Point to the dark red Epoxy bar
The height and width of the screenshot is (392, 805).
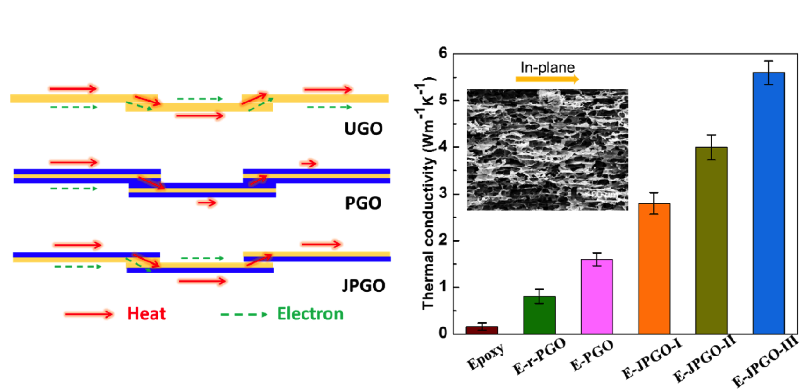[x=482, y=330]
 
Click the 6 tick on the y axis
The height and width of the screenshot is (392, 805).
[x=443, y=53]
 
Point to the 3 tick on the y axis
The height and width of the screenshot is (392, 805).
[x=443, y=194]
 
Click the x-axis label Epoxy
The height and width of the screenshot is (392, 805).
[x=486, y=356]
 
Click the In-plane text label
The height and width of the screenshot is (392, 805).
[x=547, y=67]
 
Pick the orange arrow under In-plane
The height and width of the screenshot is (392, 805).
[x=547, y=79]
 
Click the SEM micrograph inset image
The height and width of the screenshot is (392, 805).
[x=547, y=150]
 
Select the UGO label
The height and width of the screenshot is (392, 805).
[x=363, y=129]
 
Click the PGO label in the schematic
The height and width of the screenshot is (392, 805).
[x=363, y=203]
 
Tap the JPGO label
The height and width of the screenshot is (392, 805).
[x=363, y=285]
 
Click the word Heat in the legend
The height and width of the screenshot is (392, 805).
[x=146, y=313]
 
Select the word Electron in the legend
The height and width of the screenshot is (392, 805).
[x=310, y=313]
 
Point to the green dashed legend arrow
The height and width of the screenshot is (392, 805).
[x=244, y=314]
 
